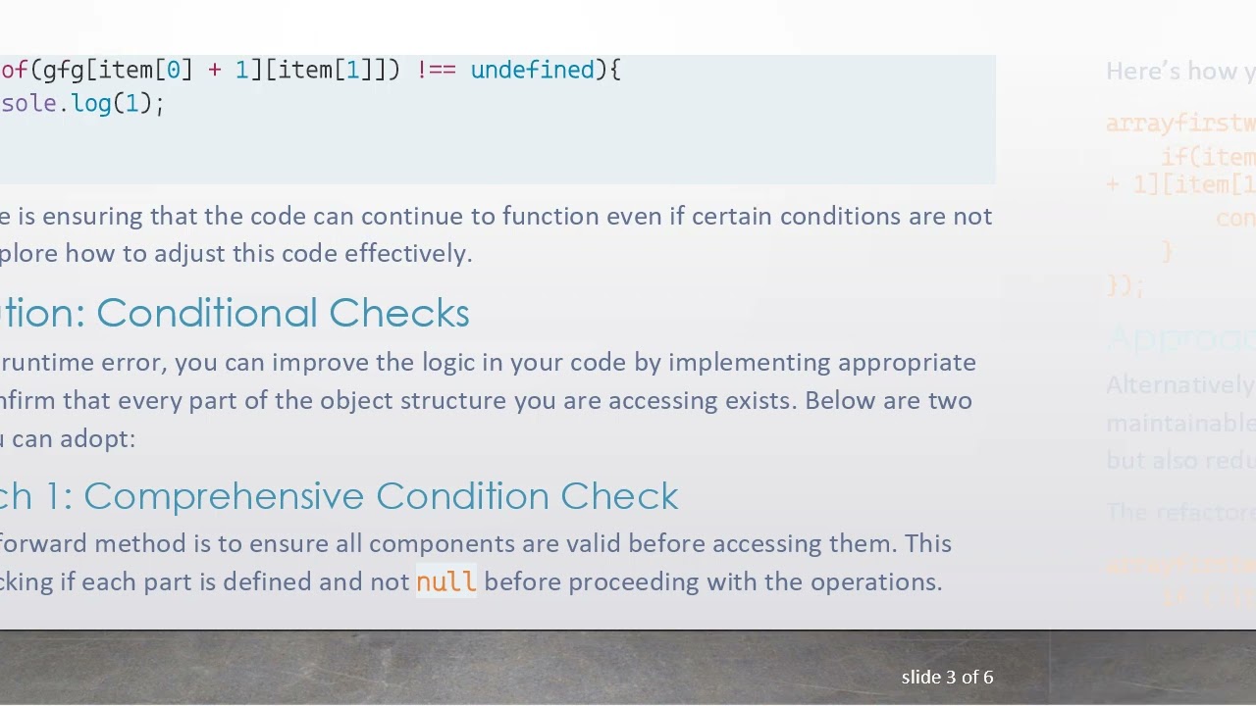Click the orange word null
[445, 582]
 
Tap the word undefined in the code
[532, 71]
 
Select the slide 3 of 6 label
[947, 678]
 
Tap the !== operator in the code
[436, 71]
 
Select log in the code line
[91, 104]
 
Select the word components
[429, 544]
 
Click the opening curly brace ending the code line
[615, 71]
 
